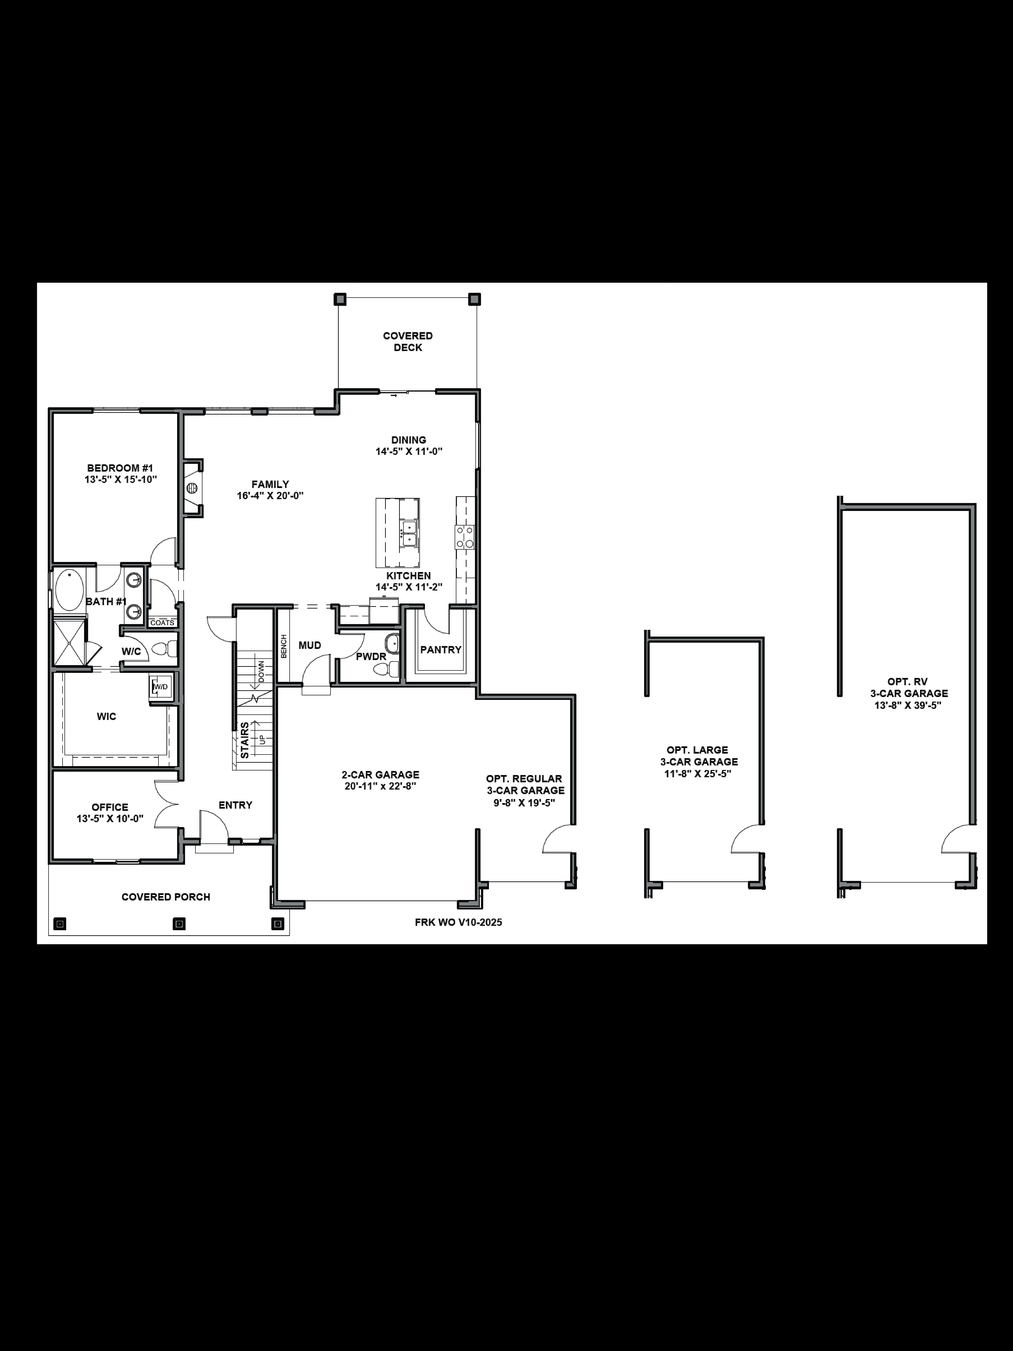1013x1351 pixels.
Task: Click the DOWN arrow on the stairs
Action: pos(261,672)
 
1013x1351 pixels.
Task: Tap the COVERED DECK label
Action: pos(408,341)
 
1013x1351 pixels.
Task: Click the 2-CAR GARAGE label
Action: pos(380,774)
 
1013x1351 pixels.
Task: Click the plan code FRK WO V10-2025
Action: pos(458,922)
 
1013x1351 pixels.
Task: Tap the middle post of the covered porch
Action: pos(179,924)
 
